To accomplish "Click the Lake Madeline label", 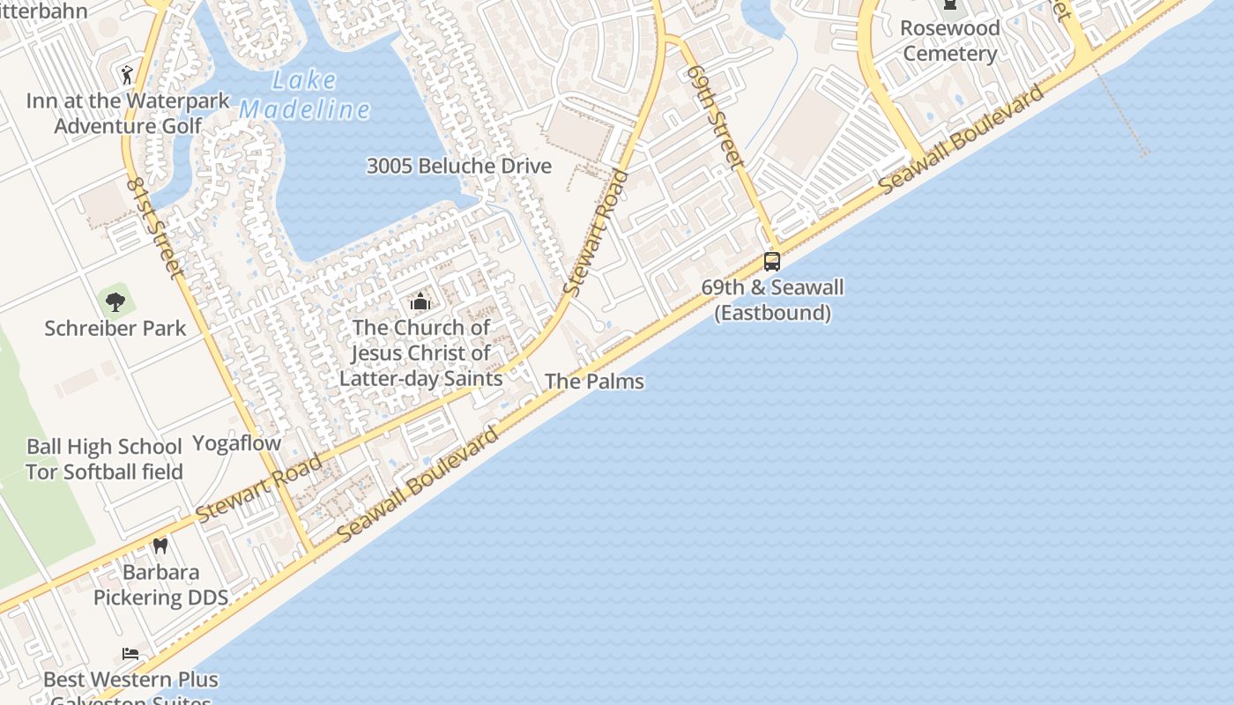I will click(x=304, y=95).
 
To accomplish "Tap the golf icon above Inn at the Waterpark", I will click(x=127, y=74).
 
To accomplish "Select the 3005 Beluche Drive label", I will click(x=459, y=166).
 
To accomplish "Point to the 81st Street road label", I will click(x=154, y=227).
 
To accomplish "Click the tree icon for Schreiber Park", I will click(x=115, y=302).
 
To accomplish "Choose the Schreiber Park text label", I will click(x=115, y=329).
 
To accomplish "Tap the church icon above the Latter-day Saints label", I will click(x=420, y=301).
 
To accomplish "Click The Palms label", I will click(x=594, y=382).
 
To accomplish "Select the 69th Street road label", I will click(x=714, y=115).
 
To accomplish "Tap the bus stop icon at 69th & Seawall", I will click(x=771, y=261).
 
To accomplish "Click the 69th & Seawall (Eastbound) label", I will click(x=772, y=300).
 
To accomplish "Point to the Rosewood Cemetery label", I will click(x=950, y=41).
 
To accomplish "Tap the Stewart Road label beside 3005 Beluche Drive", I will click(x=597, y=232).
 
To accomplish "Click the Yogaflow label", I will click(x=236, y=443).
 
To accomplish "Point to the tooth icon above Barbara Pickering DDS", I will click(x=160, y=546).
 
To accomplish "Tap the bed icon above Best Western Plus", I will click(x=130, y=654).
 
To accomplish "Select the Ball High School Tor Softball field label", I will click(x=104, y=459).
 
